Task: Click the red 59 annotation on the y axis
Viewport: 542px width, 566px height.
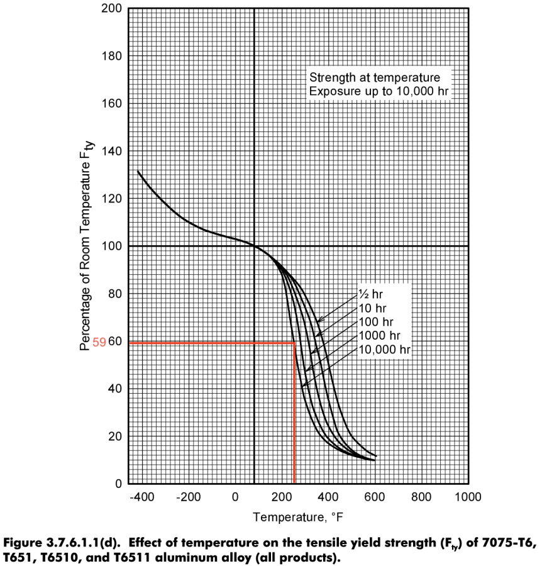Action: point(99,343)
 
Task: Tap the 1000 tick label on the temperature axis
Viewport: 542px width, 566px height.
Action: point(468,497)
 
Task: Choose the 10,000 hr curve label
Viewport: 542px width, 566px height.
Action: point(384,350)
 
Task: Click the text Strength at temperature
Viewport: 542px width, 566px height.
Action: point(373,78)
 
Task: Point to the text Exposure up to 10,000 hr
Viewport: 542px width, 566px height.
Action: point(379,92)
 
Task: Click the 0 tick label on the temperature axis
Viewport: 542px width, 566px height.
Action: point(235,497)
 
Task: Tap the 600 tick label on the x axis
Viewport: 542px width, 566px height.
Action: point(375,497)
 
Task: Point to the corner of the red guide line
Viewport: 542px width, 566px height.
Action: point(294,343)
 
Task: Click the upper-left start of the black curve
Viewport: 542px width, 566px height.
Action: point(138,171)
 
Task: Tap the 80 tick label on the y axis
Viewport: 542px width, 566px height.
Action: point(115,294)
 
